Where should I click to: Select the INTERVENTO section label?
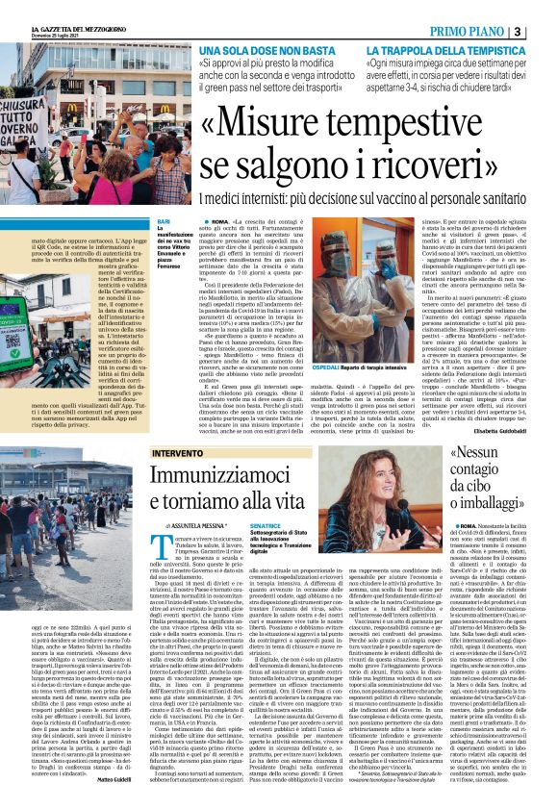[x=176, y=451]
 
